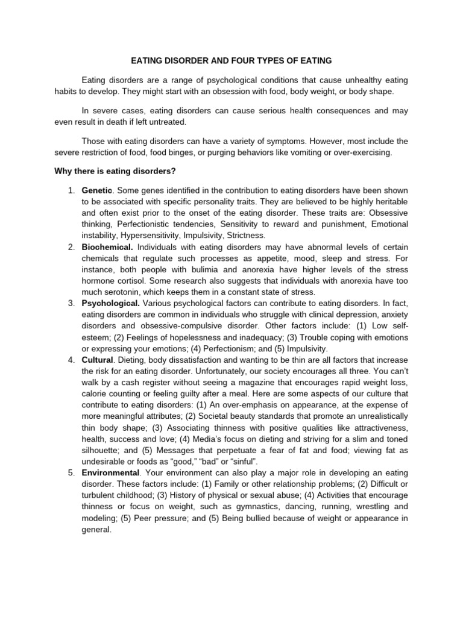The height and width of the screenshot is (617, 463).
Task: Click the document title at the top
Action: tap(231, 61)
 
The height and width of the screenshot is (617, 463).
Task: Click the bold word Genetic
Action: tap(96, 191)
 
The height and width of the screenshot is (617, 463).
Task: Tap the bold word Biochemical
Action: tap(107, 247)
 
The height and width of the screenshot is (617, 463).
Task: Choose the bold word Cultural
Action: tap(97, 359)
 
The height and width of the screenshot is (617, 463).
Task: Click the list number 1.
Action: tap(71, 191)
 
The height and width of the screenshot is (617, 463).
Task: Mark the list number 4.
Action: tap(71, 359)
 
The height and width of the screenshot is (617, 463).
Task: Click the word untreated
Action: tap(166, 122)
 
